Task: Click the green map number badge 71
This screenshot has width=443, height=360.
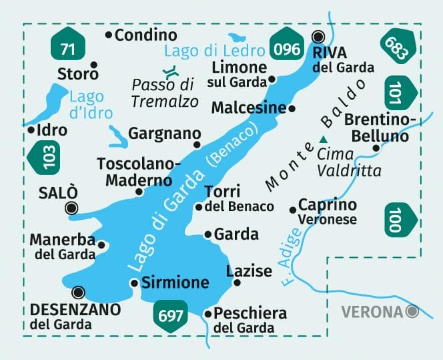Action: (67, 48)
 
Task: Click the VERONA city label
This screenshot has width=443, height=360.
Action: (372, 311)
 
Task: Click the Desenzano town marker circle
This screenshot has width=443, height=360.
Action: (79, 292)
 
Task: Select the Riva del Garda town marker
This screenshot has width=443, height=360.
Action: (318, 37)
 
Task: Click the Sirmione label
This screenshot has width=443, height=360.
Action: (175, 283)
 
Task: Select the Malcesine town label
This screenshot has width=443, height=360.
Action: (248, 108)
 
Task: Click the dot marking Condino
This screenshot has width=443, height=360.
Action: (109, 34)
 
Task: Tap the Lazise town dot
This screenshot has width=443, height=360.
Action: (237, 283)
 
